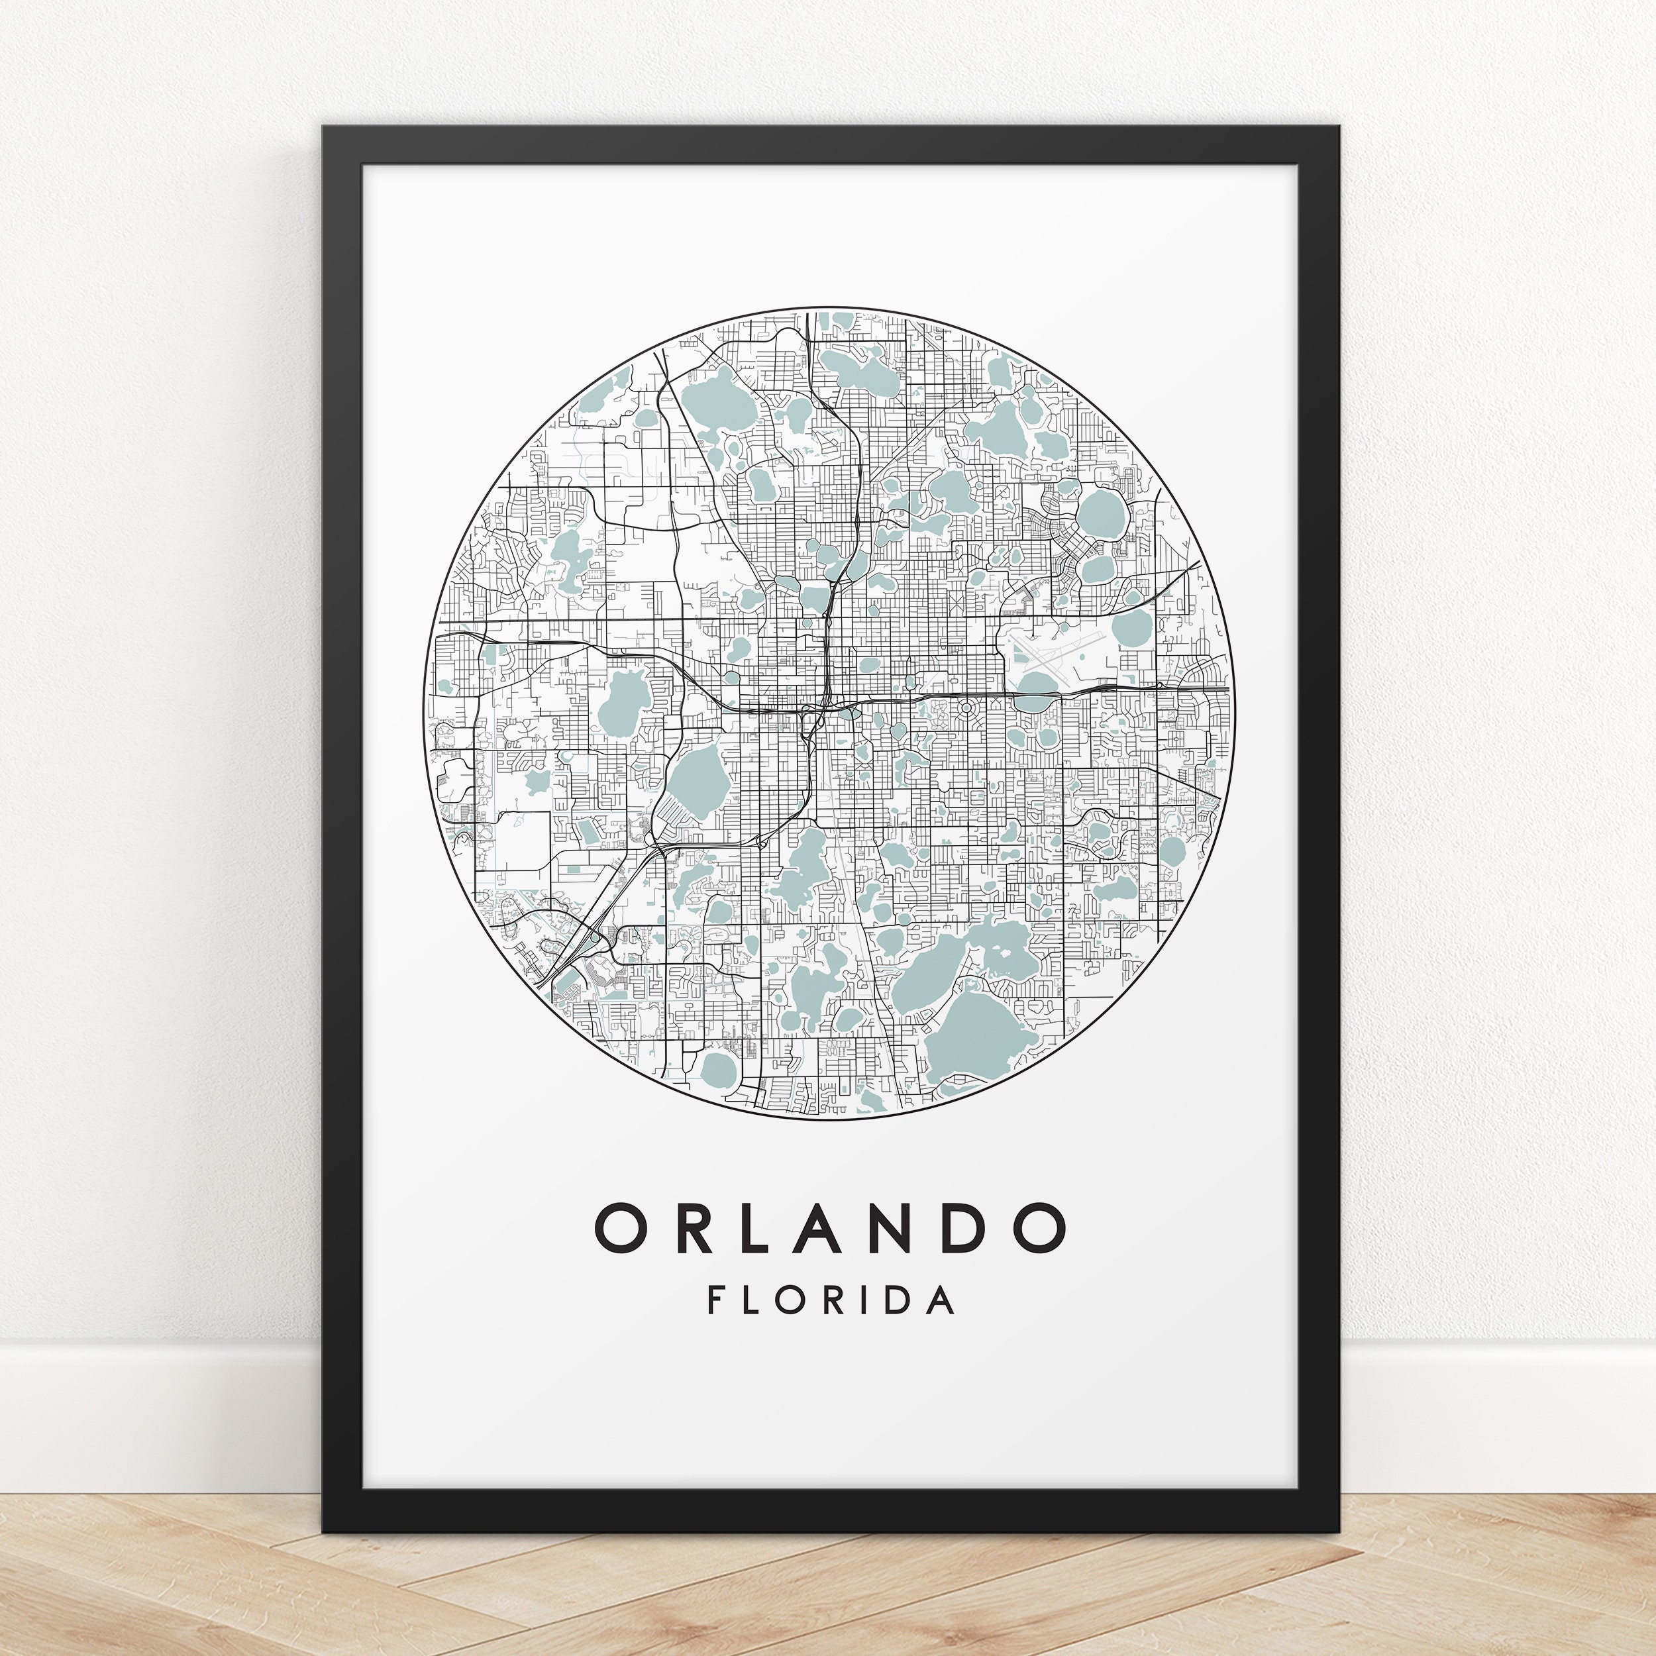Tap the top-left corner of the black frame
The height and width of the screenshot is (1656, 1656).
click(326, 129)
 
